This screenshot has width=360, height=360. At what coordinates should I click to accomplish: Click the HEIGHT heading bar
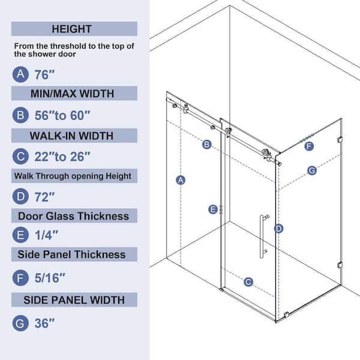74,29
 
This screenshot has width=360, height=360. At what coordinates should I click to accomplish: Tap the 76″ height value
44,75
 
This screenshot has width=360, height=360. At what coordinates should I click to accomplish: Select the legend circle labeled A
20,74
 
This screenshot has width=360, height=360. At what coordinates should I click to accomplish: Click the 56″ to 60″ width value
62,115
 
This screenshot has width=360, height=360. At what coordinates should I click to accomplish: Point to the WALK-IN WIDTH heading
71,136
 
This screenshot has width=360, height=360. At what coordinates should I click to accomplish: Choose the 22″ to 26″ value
62,157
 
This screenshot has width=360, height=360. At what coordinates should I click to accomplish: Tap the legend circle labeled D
20,196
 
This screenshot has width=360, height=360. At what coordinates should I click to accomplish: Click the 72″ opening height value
44,197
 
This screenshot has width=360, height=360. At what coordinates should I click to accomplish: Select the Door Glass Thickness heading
73,216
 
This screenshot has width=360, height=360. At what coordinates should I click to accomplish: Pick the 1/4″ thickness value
46,235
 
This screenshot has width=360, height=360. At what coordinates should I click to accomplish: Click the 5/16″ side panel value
50,278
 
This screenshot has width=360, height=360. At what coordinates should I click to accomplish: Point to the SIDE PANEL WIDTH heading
74,300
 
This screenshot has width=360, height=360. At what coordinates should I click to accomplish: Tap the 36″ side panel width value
44,323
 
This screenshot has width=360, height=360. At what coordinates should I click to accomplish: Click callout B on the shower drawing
206,145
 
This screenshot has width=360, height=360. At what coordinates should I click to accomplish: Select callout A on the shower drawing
181,180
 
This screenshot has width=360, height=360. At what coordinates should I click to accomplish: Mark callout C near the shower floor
248,282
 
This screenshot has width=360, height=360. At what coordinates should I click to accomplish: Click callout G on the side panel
312,170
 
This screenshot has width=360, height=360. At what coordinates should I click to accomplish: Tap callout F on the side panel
309,146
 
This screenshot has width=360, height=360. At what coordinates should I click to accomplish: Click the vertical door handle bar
262,236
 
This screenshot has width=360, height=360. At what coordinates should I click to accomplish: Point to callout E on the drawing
213,209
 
